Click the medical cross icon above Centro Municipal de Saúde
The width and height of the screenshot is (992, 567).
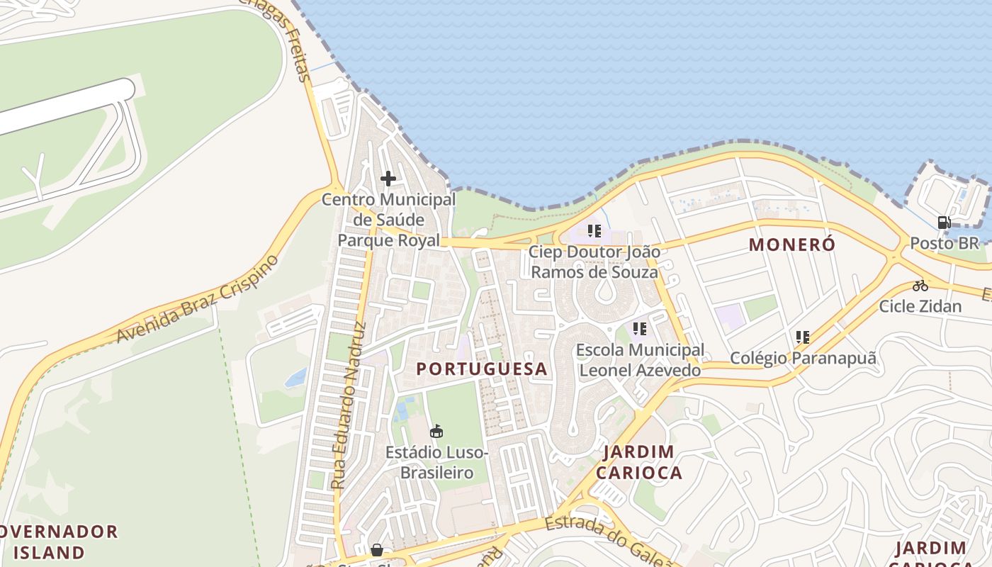[x=388, y=179]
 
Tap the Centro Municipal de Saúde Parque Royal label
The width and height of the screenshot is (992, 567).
[x=388, y=220]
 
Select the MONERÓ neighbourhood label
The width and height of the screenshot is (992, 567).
[x=792, y=245]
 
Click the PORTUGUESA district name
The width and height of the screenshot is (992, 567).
[x=482, y=369]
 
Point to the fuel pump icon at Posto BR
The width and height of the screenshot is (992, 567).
[x=944, y=223]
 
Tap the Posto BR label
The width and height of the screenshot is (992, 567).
[x=944, y=243]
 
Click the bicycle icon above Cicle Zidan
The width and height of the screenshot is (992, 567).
[x=920, y=286]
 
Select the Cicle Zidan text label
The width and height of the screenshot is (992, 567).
[x=920, y=306]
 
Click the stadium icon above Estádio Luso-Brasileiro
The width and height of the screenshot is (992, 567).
[x=436, y=431]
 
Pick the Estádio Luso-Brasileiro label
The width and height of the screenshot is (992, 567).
[x=436, y=462]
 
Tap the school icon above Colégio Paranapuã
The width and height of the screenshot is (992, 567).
[x=803, y=337]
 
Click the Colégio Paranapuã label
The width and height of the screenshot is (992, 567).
[x=803, y=358]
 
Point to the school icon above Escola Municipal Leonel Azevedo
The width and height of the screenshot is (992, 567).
[x=640, y=329]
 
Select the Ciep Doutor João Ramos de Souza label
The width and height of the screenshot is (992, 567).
[x=594, y=262]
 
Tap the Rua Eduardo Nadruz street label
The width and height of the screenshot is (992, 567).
[x=349, y=405]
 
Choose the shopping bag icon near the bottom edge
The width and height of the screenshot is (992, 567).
[x=377, y=550]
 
